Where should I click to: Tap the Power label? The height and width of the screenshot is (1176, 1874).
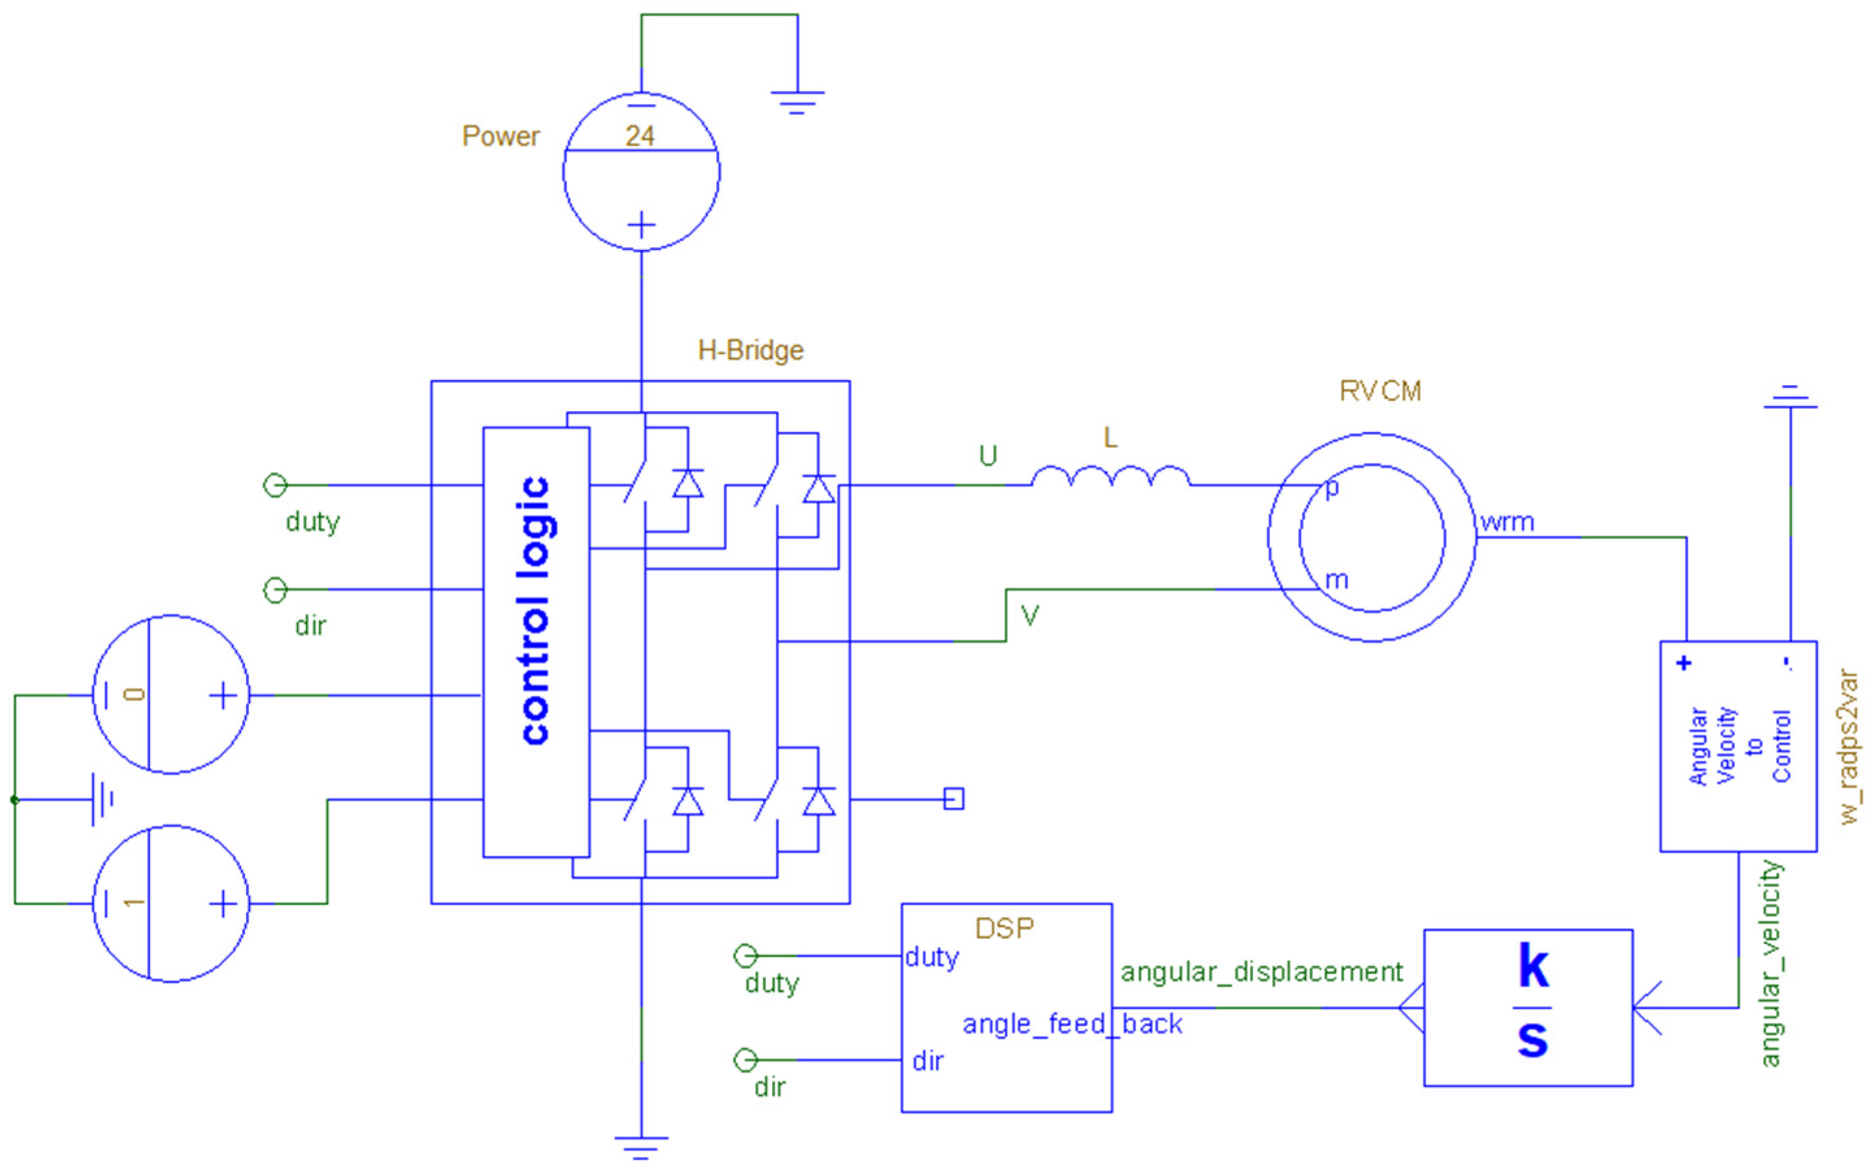(500, 136)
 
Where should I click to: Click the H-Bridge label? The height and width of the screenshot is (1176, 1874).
(751, 350)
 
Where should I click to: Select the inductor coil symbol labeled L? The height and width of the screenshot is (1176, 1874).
(1110, 476)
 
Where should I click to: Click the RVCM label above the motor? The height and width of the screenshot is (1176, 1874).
(1381, 390)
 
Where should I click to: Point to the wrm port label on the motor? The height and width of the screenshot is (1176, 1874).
(1507, 522)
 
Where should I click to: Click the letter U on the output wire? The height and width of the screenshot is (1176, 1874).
(988, 456)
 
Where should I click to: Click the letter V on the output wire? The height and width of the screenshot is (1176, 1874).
(1030, 616)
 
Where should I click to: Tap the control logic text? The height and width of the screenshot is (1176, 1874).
(535, 610)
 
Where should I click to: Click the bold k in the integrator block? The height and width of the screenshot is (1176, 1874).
(1532, 966)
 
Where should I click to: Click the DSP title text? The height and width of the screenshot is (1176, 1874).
(1004, 928)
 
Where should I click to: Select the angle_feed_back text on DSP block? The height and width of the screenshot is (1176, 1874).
(1071, 1024)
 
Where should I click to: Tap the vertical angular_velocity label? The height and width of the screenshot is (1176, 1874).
(1770, 964)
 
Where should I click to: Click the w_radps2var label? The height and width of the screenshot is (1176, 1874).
(1849, 747)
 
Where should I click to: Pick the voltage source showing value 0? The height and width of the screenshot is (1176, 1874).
(170, 695)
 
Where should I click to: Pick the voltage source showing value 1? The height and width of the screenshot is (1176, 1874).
(170, 903)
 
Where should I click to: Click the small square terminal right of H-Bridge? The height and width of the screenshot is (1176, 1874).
(953, 799)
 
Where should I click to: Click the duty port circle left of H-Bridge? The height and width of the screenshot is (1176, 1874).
(275, 485)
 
